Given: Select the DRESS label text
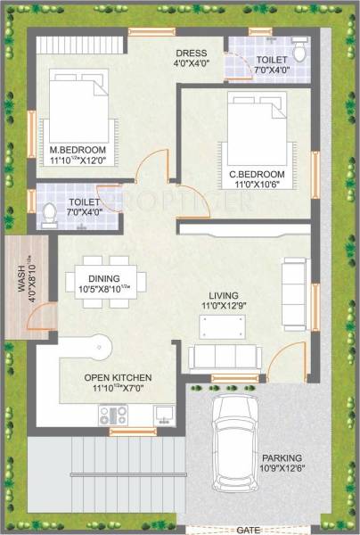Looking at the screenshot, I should (x=191, y=53).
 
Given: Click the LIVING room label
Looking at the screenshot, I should (x=226, y=294).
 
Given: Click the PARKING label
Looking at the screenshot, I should (x=282, y=457).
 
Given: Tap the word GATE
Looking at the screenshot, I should (x=249, y=529).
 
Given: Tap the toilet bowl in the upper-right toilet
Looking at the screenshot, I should (x=299, y=53).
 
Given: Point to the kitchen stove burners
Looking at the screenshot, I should (x=113, y=415).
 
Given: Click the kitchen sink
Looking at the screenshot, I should (x=164, y=414).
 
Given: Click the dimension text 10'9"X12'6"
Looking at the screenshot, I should (x=282, y=469).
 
